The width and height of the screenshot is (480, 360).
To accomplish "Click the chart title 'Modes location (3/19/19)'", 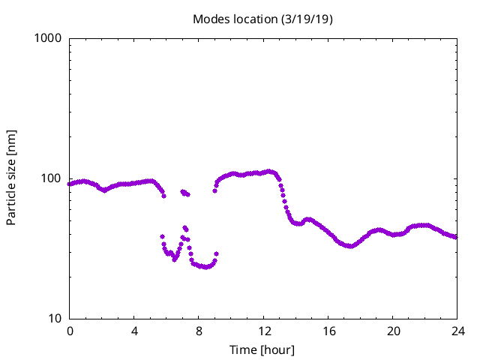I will coord(262,19).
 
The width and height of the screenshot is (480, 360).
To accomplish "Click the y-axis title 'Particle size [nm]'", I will coord(11,178).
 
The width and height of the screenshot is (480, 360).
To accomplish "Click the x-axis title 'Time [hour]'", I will coord(262,350).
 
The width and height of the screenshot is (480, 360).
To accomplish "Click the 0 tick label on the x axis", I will coord(70,331).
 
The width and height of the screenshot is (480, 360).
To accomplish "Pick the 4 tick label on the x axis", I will coord(134,331).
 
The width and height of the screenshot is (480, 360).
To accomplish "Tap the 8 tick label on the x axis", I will coord(199,331).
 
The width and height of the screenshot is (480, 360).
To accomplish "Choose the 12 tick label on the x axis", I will coord(263,331).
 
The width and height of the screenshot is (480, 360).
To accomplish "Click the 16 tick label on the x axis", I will coord(328,331).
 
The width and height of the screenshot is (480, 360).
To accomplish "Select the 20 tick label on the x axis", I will coord(392,331).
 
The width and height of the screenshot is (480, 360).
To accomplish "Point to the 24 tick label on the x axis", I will coord(457,331).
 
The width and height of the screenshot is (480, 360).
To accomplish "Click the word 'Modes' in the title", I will coord(211,19).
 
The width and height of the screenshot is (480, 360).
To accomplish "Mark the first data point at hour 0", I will coord(70,184).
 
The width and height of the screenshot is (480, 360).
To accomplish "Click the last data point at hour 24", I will coord(456,237).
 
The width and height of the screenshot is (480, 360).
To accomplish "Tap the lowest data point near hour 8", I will coord(204,267).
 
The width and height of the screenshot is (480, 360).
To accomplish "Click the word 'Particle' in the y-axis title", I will coord(11,203).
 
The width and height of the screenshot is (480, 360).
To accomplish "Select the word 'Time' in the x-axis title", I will coord(244,350).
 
